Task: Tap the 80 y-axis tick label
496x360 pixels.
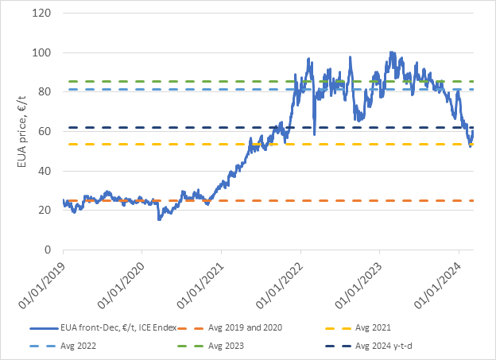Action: tap(45, 92)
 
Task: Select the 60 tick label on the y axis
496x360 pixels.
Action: tap(45, 131)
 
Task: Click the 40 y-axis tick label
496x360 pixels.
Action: tap(45, 171)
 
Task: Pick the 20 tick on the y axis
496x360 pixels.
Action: tap(45, 210)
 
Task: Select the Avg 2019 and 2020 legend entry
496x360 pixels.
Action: tap(246, 327)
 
